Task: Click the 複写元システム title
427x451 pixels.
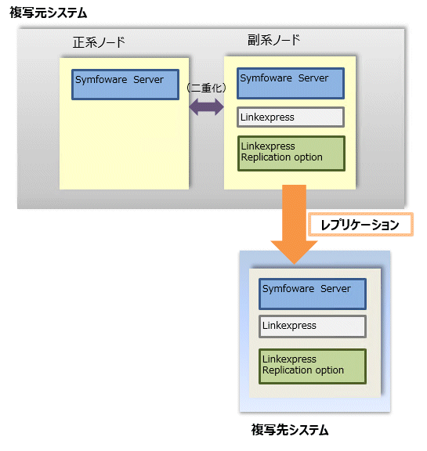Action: [48, 13]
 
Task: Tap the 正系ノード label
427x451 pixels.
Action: [99, 42]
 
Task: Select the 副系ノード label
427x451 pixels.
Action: [273, 40]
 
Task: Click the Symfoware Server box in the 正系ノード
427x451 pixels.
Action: [125, 85]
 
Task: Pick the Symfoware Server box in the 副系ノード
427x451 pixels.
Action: [291, 84]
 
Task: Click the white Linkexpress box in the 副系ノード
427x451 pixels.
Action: [291, 117]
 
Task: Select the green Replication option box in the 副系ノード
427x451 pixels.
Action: [291, 153]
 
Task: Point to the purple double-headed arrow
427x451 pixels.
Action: [206, 107]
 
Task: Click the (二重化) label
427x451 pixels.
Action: [206, 88]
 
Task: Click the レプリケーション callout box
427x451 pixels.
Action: [361, 225]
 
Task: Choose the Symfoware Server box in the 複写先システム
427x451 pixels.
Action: [313, 294]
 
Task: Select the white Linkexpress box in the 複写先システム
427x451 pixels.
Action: [313, 327]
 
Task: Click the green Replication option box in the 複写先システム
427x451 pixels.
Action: [313, 366]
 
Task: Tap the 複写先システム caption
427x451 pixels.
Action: [290, 429]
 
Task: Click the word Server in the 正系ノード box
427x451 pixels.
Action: [148, 79]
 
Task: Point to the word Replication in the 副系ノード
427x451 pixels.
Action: [262, 157]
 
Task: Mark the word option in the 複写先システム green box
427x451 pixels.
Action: [330, 370]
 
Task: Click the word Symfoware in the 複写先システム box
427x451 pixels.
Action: [288, 289]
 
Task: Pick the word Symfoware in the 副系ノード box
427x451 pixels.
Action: [266, 78]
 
